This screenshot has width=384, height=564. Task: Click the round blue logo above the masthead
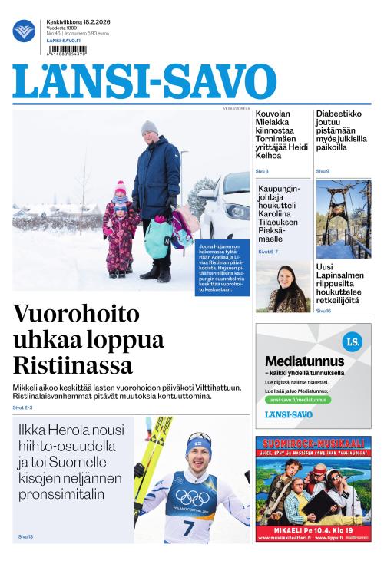(x=24, y=31)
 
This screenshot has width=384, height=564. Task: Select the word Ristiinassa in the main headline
(x=73, y=364)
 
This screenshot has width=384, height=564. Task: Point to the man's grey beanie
(x=149, y=127)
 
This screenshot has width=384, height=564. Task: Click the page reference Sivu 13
(x=25, y=536)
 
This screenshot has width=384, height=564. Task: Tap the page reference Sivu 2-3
(x=23, y=407)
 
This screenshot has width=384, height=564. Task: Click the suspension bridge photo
(x=343, y=219)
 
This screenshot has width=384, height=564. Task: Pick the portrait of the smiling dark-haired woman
(x=283, y=289)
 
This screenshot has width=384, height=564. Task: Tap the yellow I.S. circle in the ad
(x=353, y=343)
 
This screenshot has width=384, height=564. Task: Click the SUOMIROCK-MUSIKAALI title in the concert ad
(x=313, y=444)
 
